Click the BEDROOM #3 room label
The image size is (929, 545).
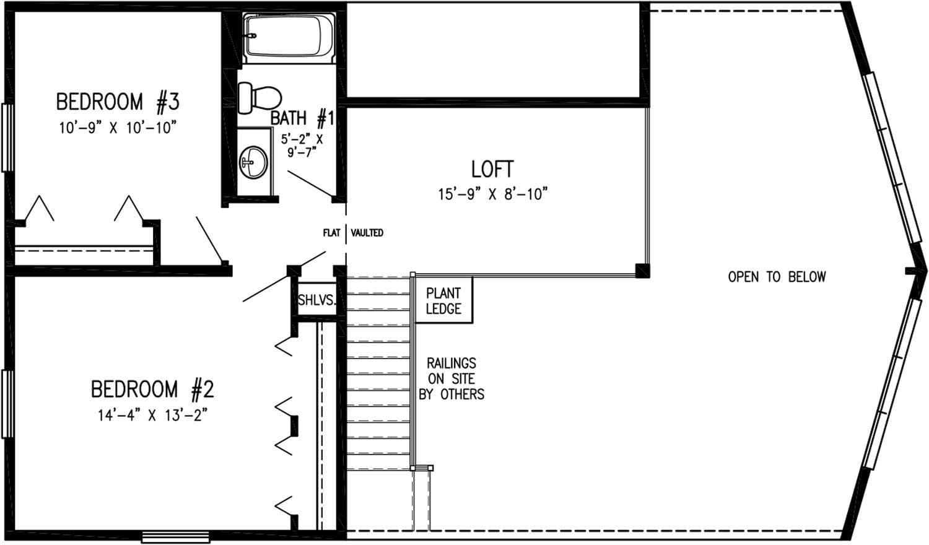click(118, 101)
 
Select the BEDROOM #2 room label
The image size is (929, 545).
click(152, 390)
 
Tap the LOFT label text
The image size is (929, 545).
click(492, 169)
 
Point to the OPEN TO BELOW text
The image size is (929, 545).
click(777, 277)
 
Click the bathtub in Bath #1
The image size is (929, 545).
click(289, 37)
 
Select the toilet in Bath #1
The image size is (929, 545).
click(260, 97)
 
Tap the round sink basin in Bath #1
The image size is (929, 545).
click(253, 162)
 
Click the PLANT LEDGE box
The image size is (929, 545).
click(443, 301)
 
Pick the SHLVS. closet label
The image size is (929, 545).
click(316, 300)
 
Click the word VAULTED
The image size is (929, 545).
click(367, 233)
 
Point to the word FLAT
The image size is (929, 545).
click(331, 233)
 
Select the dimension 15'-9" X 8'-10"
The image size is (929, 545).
click(494, 194)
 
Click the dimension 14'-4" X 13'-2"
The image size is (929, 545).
click(152, 416)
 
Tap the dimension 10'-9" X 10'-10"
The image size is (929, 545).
click(118, 128)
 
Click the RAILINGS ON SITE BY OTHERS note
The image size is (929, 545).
click(451, 378)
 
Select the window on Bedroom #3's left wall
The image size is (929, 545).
click(7, 137)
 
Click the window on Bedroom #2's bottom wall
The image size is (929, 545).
click(175, 537)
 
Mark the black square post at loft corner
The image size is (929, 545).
click(642, 271)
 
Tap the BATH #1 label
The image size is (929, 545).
click(302, 117)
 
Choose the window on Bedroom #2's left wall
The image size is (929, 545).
click(7, 404)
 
